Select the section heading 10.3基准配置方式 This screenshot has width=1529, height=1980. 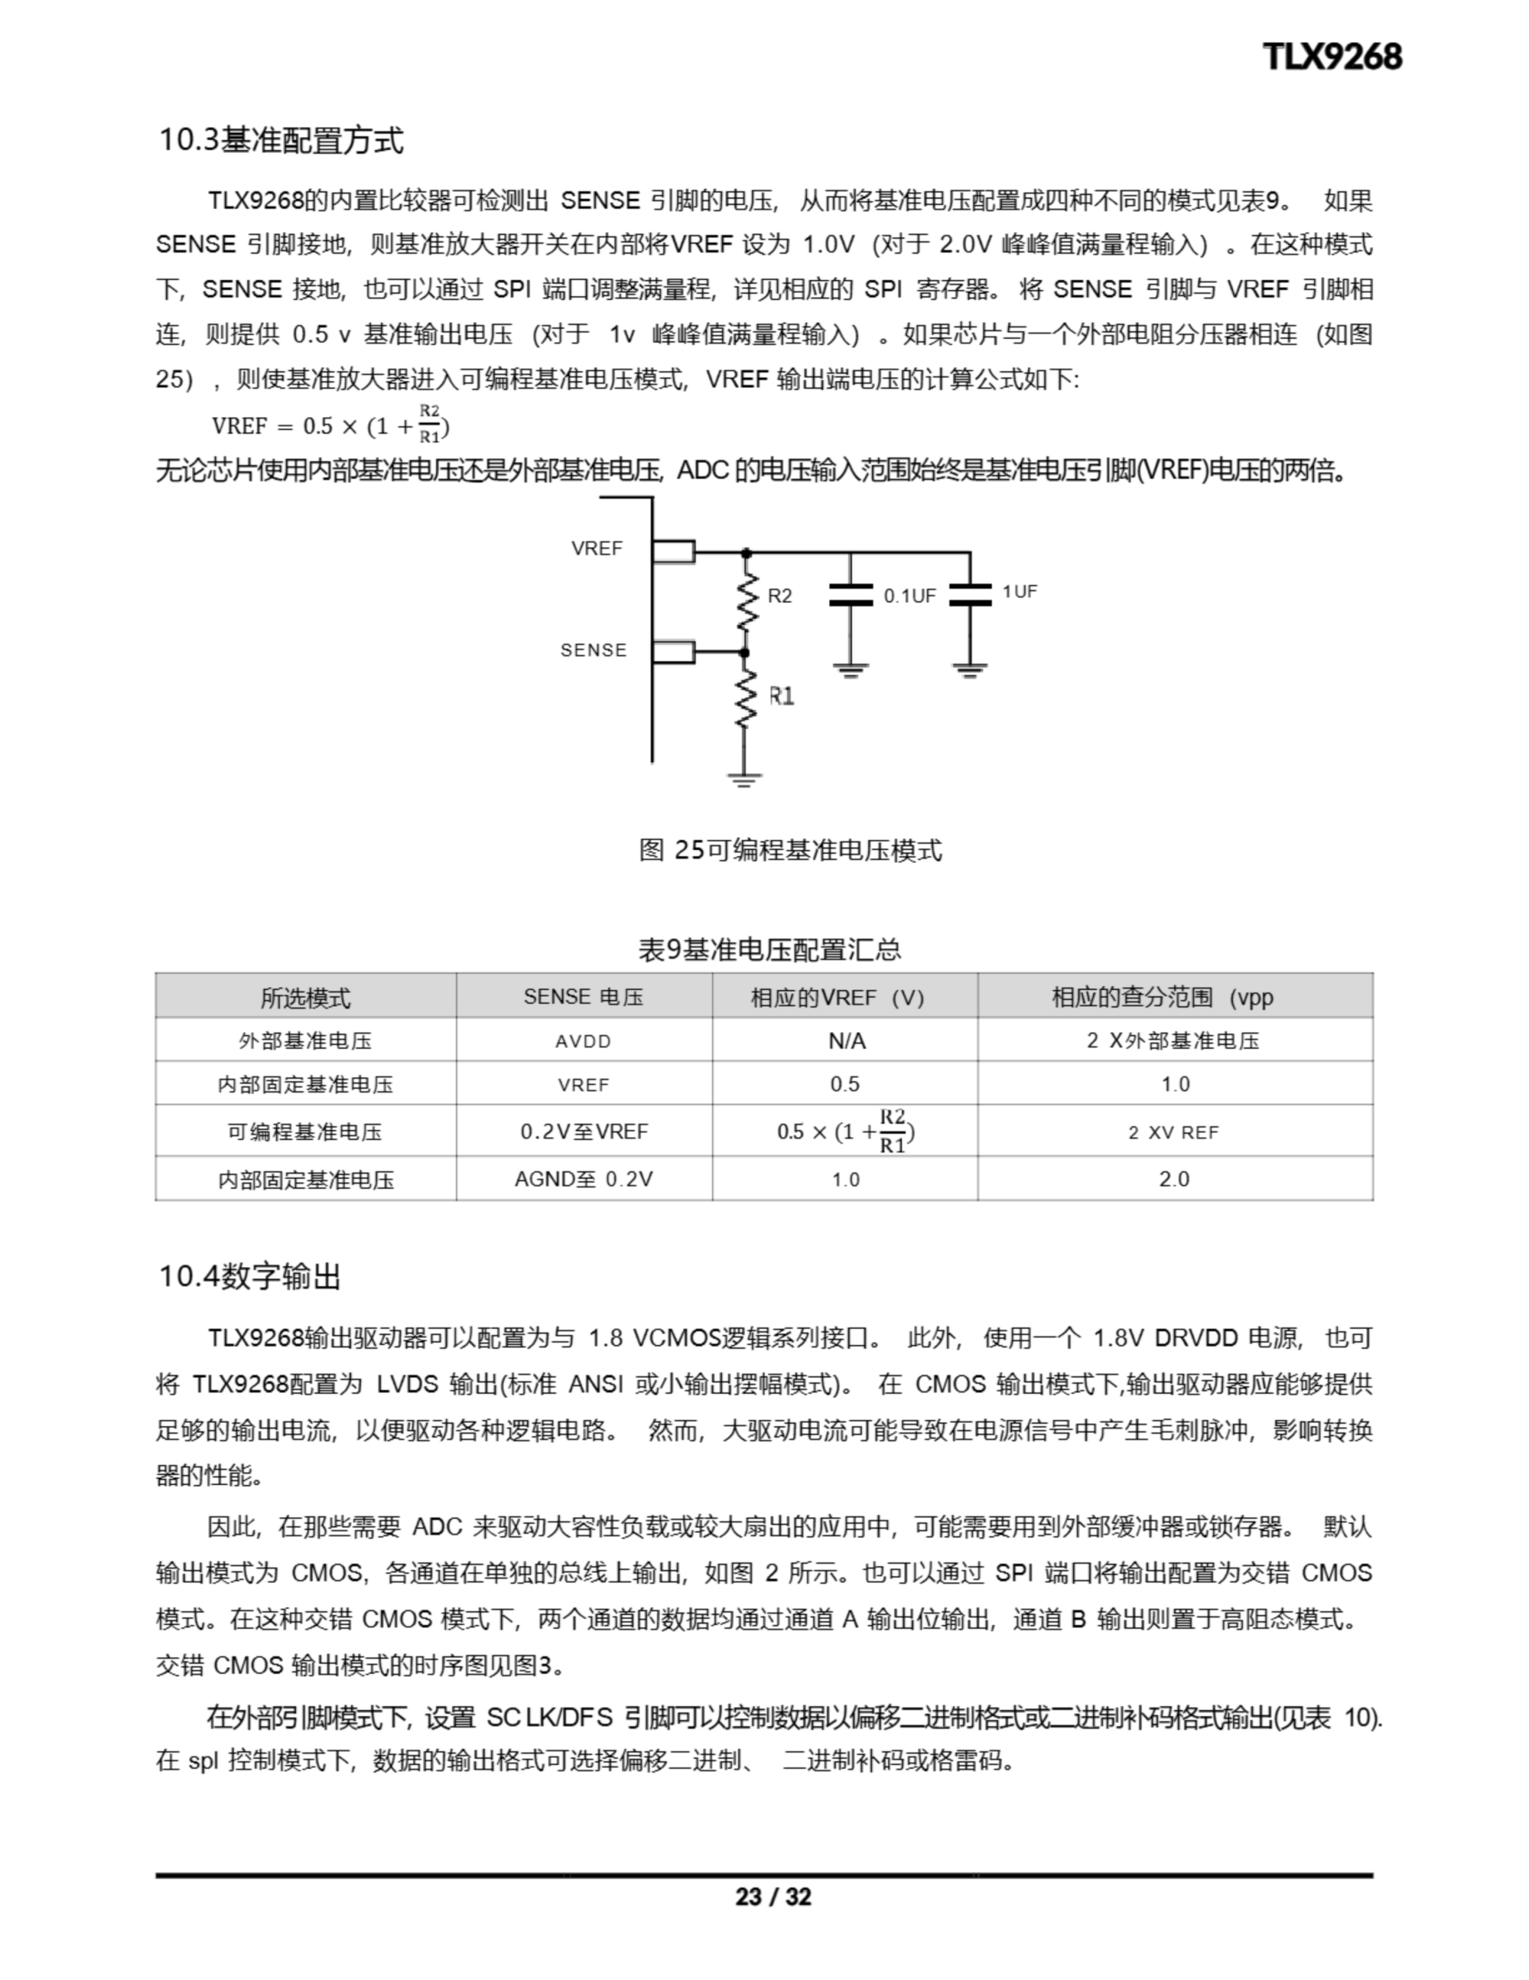pyautogui.click(x=281, y=141)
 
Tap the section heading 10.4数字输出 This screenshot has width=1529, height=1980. pyautogui.click(x=250, y=1276)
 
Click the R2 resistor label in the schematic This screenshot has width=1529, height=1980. pyautogui.click(x=779, y=596)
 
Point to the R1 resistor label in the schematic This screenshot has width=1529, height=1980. pyautogui.click(x=782, y=696)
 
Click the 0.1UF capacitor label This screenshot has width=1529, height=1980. pyautogui.click(x=909, y=596)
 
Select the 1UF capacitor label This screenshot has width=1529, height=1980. pyautogui.click(x=1020, y=591)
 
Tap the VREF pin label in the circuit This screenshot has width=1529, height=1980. pyautogui.click(x=597, y=548)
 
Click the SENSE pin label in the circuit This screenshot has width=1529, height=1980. pyautogui.click(x=594, y=650)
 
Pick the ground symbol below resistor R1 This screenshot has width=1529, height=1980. pyautogui.click(x=744, y=780)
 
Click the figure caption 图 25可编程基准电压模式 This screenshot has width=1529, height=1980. pyautogui.click(x=790, y=850)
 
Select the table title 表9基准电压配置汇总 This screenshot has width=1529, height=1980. pyautogui.click(x=769, y=949)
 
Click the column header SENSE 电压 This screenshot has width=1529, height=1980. pyautogui.click(x=583, y=996)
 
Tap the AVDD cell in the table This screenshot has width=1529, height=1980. pyautogui.click(x=583, y=1041)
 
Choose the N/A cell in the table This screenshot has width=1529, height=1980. pyautogui.click(x=846, y=1041)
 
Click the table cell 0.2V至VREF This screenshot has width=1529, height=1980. pyautogui.click(x=584, y=1132)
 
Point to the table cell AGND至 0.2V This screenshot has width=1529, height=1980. pyautogui.click(x=583, y=1179)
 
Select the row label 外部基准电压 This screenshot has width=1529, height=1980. pyautogui.click(x=305, y=1041)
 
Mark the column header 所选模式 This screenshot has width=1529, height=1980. pyautogui.click(x=305, y=997)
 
